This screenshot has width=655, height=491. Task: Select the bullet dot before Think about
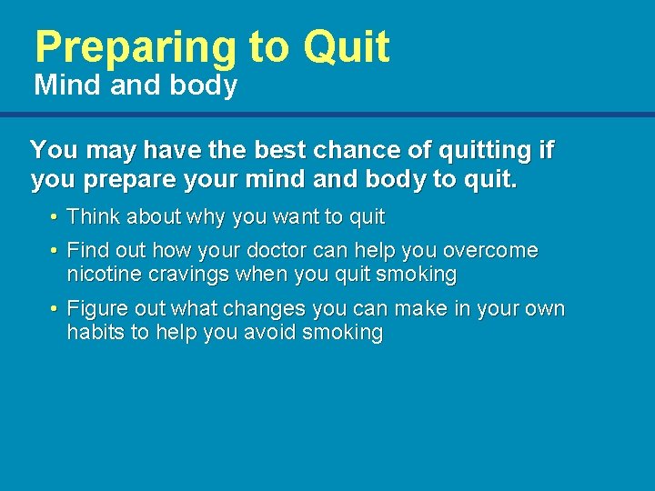coord(55,218)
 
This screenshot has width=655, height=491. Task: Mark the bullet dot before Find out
coord(55,251)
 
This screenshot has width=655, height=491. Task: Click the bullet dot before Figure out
coord(55,309)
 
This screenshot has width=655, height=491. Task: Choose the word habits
coord(96,332)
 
